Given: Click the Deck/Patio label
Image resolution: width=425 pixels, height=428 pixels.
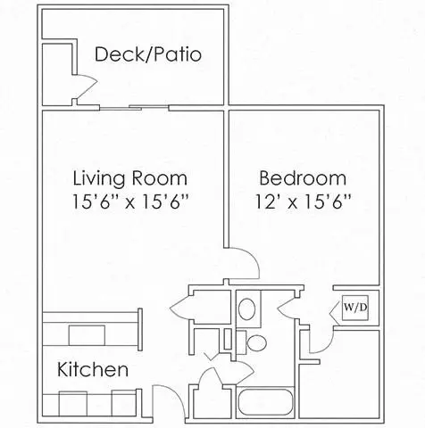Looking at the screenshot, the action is (148, 54).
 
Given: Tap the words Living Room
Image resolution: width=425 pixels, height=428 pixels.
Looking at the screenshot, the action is (130, 178).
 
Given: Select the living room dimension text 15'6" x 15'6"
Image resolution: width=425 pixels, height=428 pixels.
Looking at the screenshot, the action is (131, 202).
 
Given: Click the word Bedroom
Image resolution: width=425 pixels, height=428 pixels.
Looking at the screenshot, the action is (303, 177).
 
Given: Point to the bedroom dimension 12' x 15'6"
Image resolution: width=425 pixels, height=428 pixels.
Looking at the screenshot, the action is (304, 202).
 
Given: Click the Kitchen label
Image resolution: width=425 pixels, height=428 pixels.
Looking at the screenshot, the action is (93, 369).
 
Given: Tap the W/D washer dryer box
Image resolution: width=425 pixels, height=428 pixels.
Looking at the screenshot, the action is (355, 308).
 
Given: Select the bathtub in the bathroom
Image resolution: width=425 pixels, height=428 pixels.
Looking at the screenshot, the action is (265, 402).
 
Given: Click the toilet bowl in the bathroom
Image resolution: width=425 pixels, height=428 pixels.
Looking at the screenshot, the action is (256, 342).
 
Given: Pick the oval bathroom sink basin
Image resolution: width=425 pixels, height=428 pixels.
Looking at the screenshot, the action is (247, 309).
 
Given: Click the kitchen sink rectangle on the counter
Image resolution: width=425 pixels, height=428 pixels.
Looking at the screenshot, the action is (87, 335).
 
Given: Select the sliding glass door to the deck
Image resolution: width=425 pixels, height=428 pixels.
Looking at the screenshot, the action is (135, 108).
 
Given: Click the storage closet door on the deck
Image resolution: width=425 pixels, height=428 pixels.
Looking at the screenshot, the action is (87, 86).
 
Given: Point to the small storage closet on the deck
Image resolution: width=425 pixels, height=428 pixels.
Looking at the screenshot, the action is (57, 74).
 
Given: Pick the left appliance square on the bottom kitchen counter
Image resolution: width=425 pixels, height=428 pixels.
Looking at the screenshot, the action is (73, 404).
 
